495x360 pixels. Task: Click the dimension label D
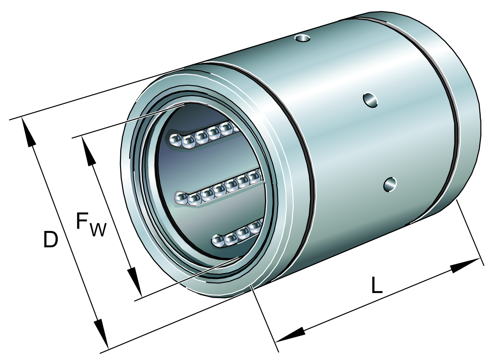(x=50, y=239)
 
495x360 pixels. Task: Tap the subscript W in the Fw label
(x=98, y=229)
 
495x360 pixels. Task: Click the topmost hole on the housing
(x=302, y=38)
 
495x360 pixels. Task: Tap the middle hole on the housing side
(x=370, y=100)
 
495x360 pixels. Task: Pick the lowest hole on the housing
(x=390, y=184)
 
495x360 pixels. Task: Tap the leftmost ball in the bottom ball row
(x=218, y=241)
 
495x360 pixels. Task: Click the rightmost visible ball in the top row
(x=227, y=128)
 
